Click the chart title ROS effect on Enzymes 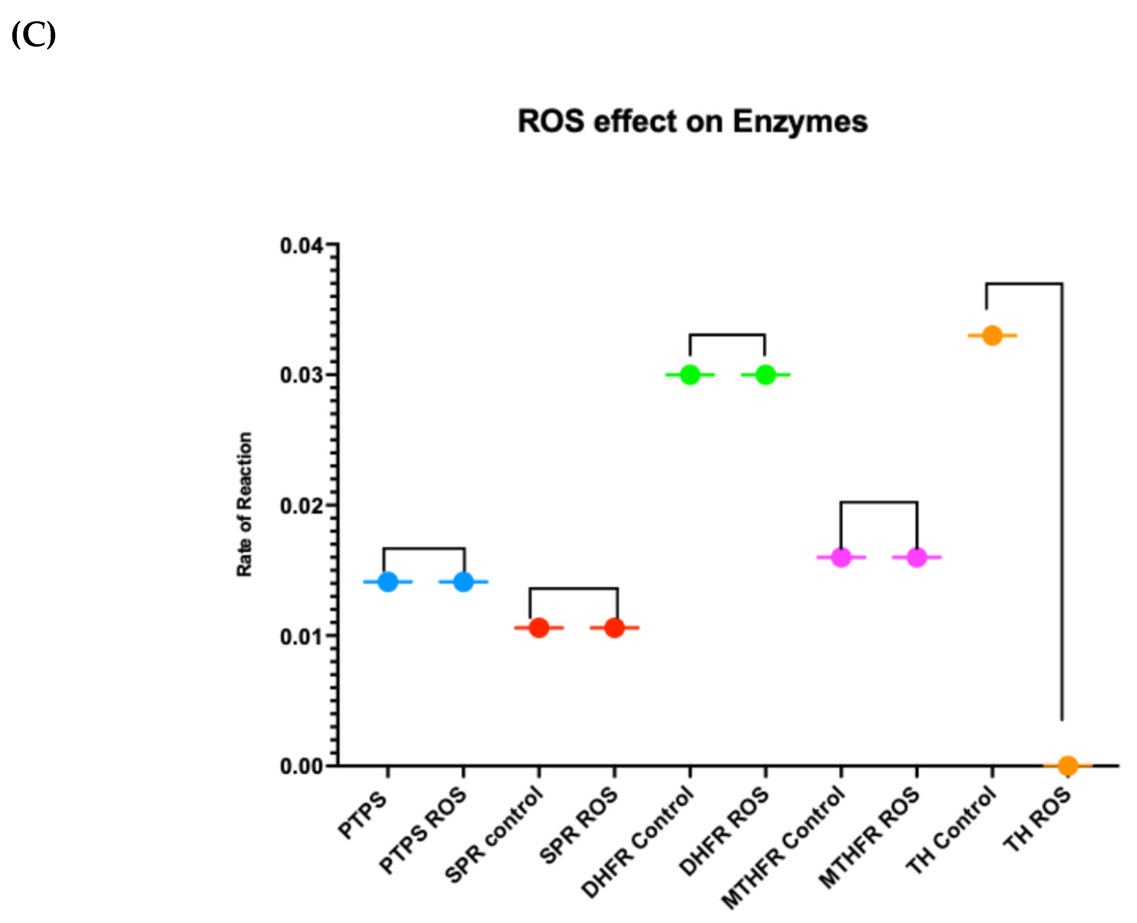pyautogui.click(x=692, y=122)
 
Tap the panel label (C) pyautogui.click(x=34, y=35)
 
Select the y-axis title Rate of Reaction pyautogui.click(x=244, y=504)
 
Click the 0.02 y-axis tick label pyautogui.click(x=301, y=506)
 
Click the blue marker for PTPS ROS pyautogui.click(x=463, y=582)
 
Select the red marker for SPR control pyautogui.click(x=539, y=628)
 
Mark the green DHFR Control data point pyautogui.click(x=690, y=375)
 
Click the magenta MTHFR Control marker pyautogui.click(x=840, y=557)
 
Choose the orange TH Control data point pyautogui.click(x=992, y=335)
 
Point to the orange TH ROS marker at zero pyautogui.click(x=1067, y=765)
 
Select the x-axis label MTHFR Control pyautogui.click(x=784, y=848)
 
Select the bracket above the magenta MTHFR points pyautogui.click(x=878, y=502)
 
